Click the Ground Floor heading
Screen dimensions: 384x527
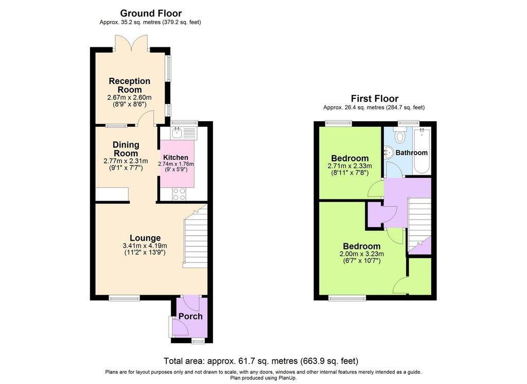(151, 13)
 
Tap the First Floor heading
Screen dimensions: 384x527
(374, 98)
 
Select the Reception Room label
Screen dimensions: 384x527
(129, 85)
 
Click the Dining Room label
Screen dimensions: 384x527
(126, 149)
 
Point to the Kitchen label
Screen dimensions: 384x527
(175, 157)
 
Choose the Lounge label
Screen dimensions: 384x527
(145, 238)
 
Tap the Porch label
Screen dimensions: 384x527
(190, 316)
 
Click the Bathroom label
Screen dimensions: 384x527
(411, 153)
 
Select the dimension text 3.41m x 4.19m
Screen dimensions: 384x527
(145, 246)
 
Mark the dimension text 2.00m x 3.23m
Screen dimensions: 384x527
(361, 254)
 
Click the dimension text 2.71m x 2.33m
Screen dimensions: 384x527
(349, 166)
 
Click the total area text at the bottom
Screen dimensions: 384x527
(260, 361)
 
